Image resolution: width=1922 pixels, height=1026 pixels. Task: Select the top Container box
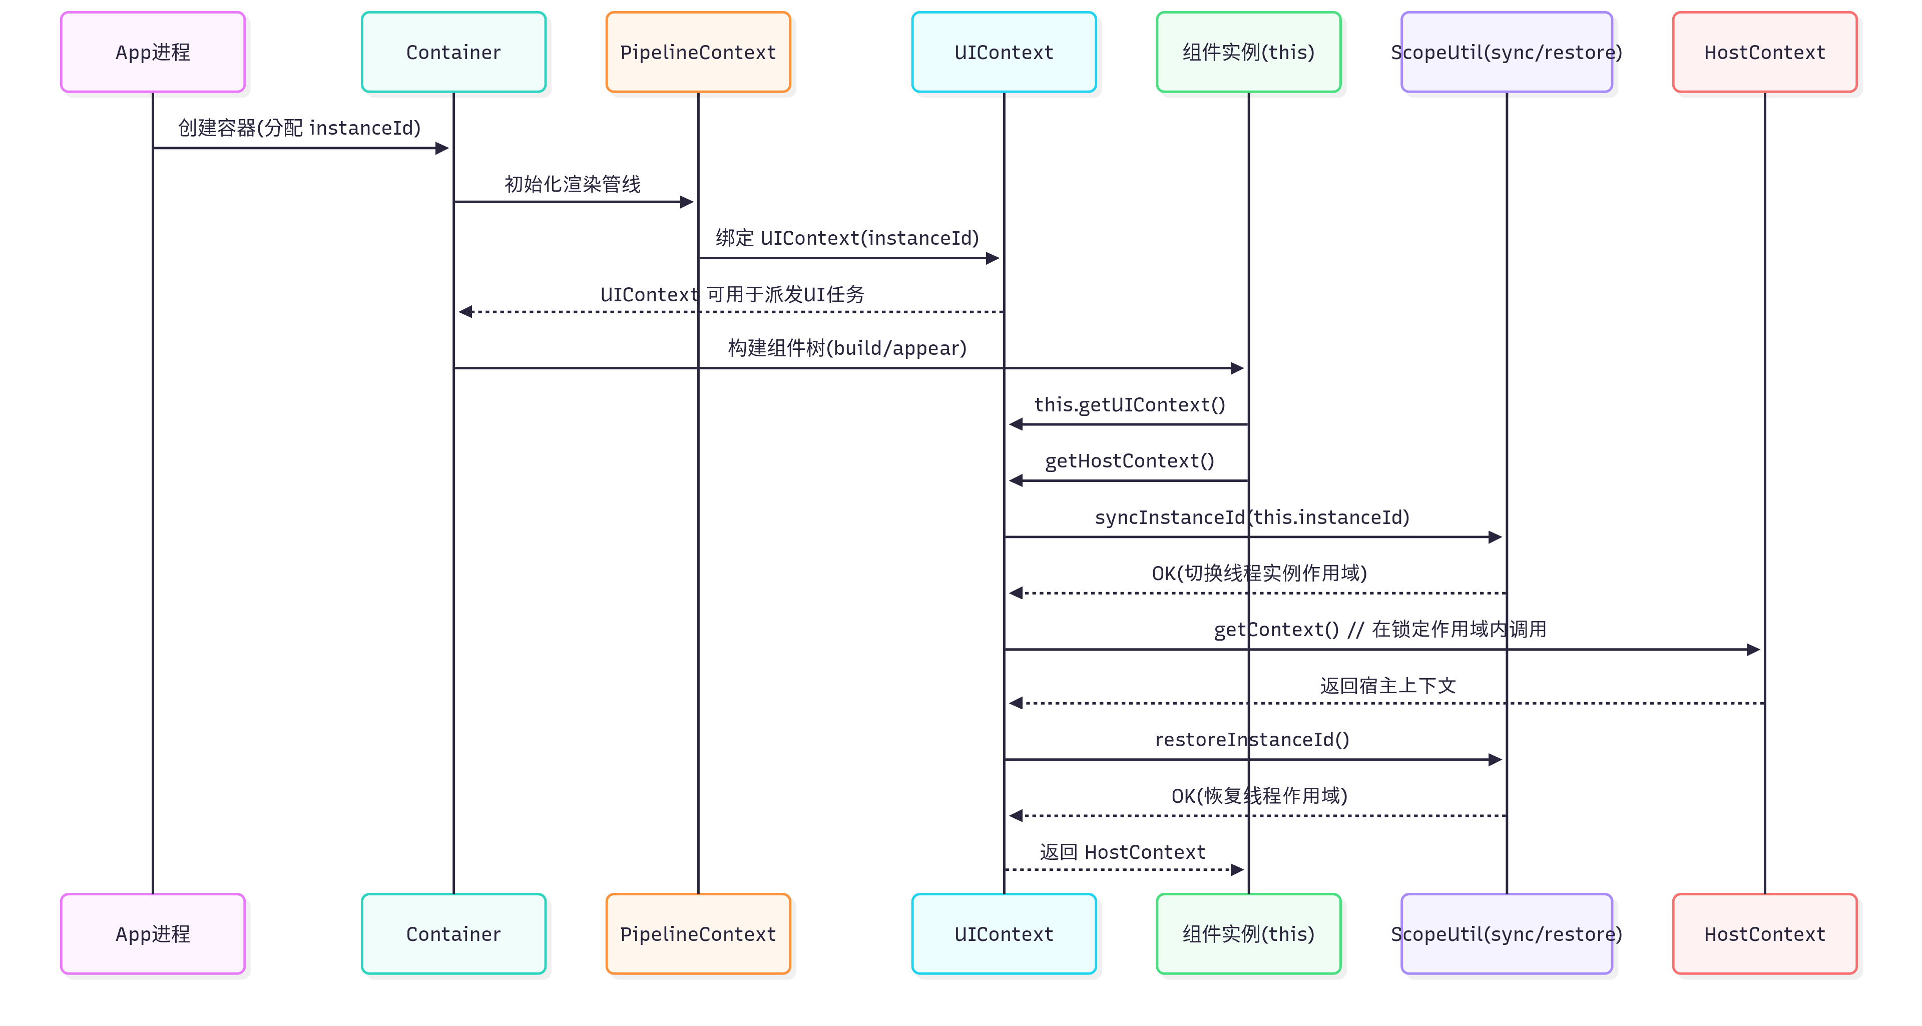click(453, 52)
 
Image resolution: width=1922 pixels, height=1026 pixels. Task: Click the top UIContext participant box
click(1004, 52)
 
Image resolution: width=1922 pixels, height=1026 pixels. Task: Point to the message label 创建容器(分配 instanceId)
click(299, 128)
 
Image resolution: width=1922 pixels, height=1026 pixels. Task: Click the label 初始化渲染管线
click(572, 184)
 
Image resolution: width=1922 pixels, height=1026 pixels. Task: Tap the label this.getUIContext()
click(1130, 404)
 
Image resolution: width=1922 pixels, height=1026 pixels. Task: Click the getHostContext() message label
click(1130, 460)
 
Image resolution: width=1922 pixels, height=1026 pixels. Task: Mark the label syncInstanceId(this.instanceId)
click(1251, 517)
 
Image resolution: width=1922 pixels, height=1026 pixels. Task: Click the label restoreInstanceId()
click(1251, 739)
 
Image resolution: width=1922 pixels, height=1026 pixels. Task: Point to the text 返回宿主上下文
click(1388, 685)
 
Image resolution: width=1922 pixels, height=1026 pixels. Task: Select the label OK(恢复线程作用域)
click(1259, 795)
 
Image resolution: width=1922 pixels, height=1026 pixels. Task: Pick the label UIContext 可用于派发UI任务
click(732, 294)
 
